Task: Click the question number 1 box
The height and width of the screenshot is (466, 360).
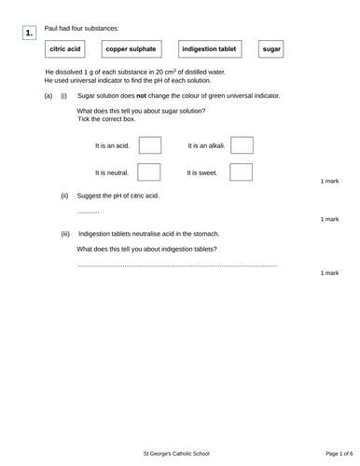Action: [30, 34]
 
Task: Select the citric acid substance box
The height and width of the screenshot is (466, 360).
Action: [65, 48]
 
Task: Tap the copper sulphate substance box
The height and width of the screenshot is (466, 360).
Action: [131, 48]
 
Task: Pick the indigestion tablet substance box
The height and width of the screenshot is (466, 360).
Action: [209, 48]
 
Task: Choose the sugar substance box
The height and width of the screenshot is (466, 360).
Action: [271, 48]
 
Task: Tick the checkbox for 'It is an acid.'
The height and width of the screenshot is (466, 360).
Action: [149, 145]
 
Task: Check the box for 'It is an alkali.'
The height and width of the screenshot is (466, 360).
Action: [242, 145]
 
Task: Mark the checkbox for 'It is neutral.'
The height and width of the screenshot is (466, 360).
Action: [149, 172]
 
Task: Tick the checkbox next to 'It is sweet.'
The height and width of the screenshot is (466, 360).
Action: [242, 172]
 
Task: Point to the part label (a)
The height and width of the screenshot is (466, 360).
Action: [48, 96]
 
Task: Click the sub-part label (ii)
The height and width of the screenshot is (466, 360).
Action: [65, 197]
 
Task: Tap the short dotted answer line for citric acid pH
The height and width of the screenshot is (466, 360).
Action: [89, 212]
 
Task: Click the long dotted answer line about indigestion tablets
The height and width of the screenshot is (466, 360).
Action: [177, 266]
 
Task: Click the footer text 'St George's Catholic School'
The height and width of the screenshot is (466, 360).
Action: [180, 452]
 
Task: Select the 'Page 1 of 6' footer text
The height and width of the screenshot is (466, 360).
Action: [332, 452]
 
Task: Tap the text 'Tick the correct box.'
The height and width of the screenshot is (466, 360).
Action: [107, 119]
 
